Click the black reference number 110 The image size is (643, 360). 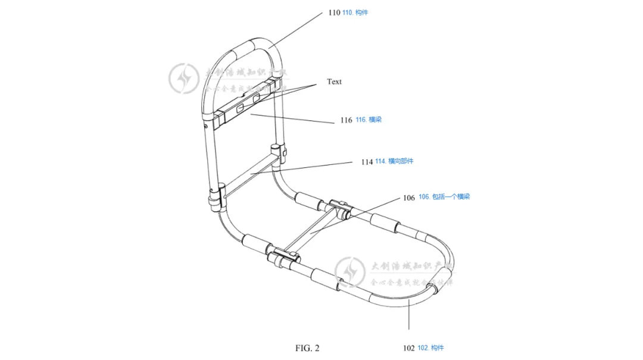click(x=334, y=12)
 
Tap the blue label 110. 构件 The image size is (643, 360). click(x=355, y=12)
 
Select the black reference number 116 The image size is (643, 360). click(x=346, y=120)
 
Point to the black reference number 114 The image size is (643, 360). click(x=367, y=162)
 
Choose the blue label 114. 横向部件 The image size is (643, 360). click(x=394, y=161)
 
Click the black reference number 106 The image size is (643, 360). click(x=409, y=198)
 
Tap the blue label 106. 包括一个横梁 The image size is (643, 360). click(x=444, y=197)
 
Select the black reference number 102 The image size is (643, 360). click(x=408, y=348)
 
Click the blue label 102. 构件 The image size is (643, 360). click(x=430, y=348)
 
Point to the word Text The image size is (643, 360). click(x=335, y=82)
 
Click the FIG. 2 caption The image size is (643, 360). click(x=307, y=348)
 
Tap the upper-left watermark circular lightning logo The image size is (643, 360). click(x=183, y=79)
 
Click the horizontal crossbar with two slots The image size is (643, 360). click(x=245, y=108)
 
